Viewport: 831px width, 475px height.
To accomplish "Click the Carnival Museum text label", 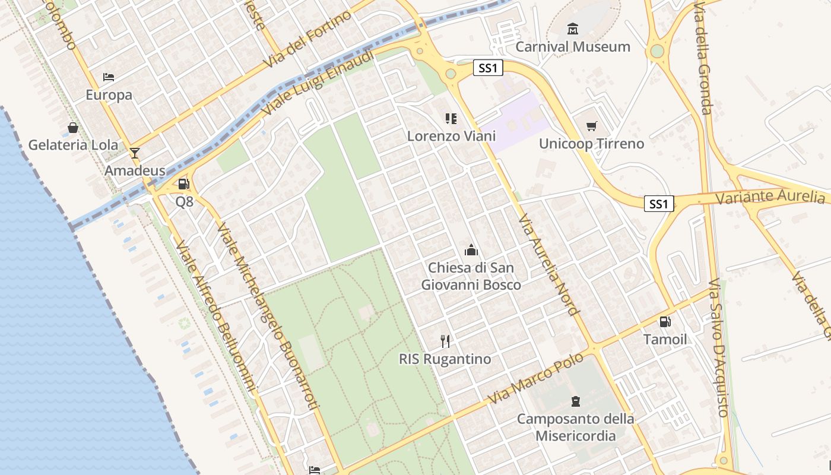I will coord(572,46).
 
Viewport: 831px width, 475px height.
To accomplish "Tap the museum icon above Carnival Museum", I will coord(573,28).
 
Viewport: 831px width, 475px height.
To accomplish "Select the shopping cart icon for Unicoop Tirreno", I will coord(591,126).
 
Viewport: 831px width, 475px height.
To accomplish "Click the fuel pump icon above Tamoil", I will coord(665,322).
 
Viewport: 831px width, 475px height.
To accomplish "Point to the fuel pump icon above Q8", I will coord(184,184).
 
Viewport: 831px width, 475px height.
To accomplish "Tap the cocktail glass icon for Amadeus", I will coord(135,153).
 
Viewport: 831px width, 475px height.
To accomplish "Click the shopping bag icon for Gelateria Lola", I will coord(73,128).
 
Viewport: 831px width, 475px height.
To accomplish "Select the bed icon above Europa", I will coord(109,77).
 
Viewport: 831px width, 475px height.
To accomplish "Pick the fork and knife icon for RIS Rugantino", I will coord(445,341).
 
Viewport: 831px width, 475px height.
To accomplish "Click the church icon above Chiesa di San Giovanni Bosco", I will coord(471,249).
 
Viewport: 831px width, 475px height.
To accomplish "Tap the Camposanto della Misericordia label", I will coord(575,427).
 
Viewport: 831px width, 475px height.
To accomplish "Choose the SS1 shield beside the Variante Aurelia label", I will coord(659,204).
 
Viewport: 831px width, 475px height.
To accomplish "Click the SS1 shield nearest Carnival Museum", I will coord(488,68).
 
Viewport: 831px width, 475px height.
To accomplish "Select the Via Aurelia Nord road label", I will coord(547,264).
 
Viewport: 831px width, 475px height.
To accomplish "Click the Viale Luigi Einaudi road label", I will coord(318,83).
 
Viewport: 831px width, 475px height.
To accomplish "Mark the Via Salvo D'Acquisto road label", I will coord(718,347).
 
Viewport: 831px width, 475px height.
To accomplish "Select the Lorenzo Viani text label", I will coord(451,136).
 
